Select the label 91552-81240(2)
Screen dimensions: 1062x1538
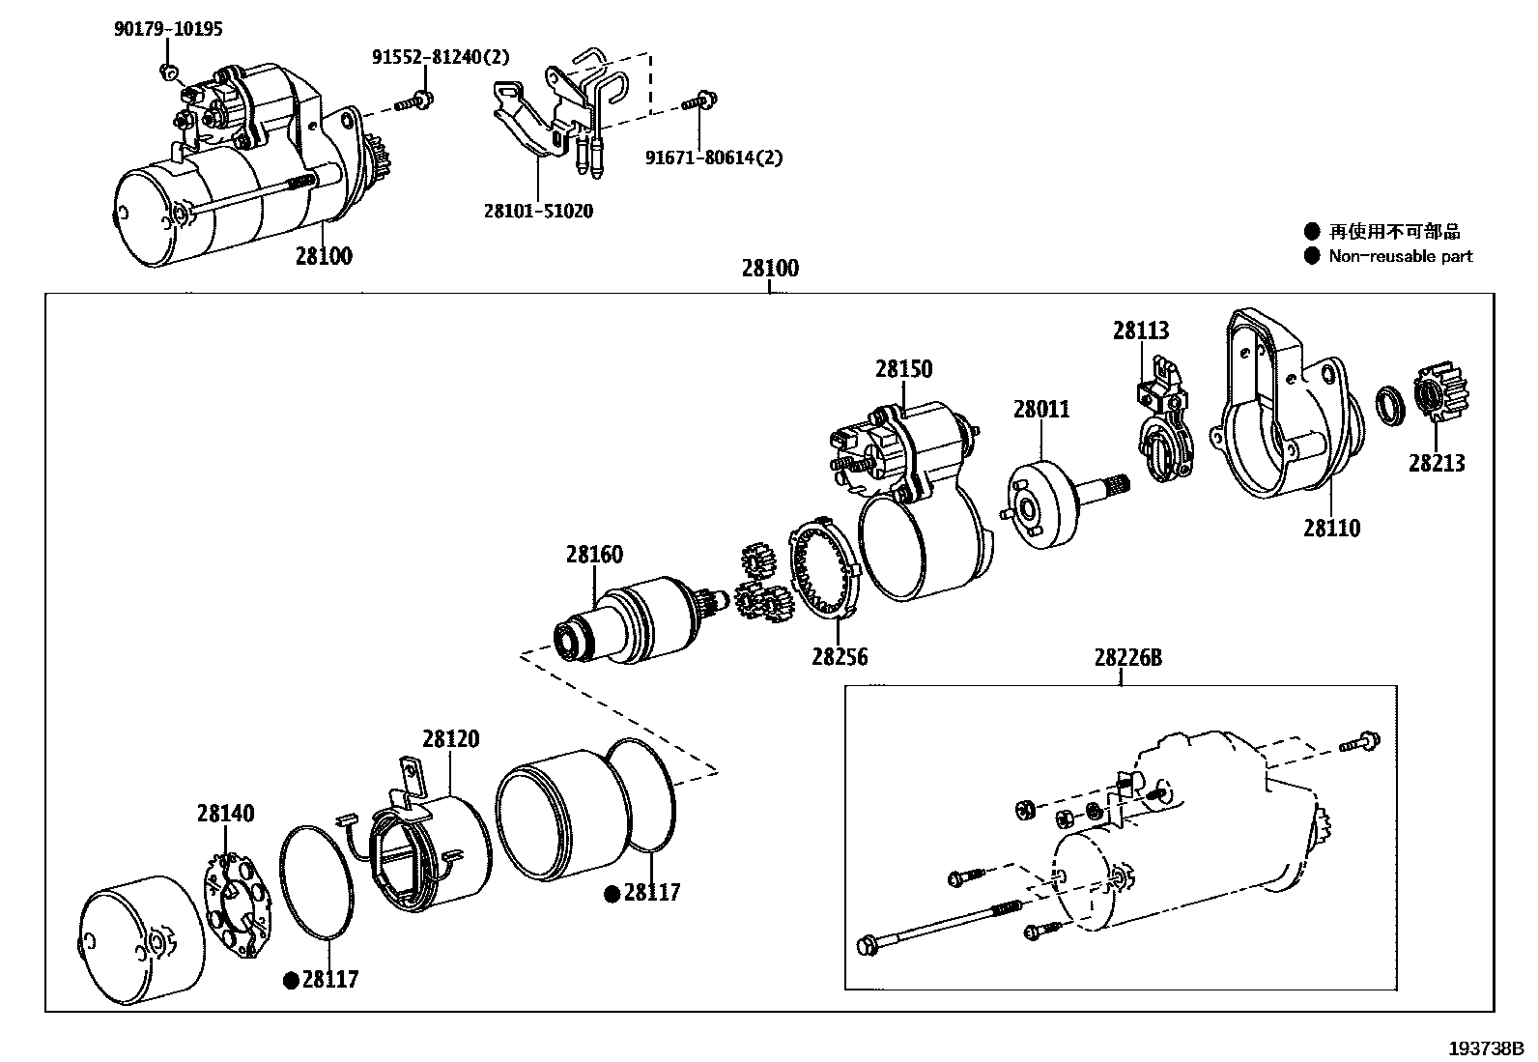click(441, 57)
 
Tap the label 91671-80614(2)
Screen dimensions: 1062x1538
click(714, 158)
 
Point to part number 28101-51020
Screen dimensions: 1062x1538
click(538, 211)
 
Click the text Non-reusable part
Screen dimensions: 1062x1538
click(1400, 256)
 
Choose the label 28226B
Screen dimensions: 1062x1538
click(1127, 658)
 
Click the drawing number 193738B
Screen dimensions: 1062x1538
click(1485, 1048)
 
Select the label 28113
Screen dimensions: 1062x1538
click(1140, 330)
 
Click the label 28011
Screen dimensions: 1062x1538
click(1041, 409)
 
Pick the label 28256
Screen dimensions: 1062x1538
click(839, 657)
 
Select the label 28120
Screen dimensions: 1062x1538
click(450, 739)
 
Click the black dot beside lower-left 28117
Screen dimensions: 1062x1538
click(290, 981)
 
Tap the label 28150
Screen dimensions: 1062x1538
click(904, 369)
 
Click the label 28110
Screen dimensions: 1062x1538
click(1330, 528)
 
